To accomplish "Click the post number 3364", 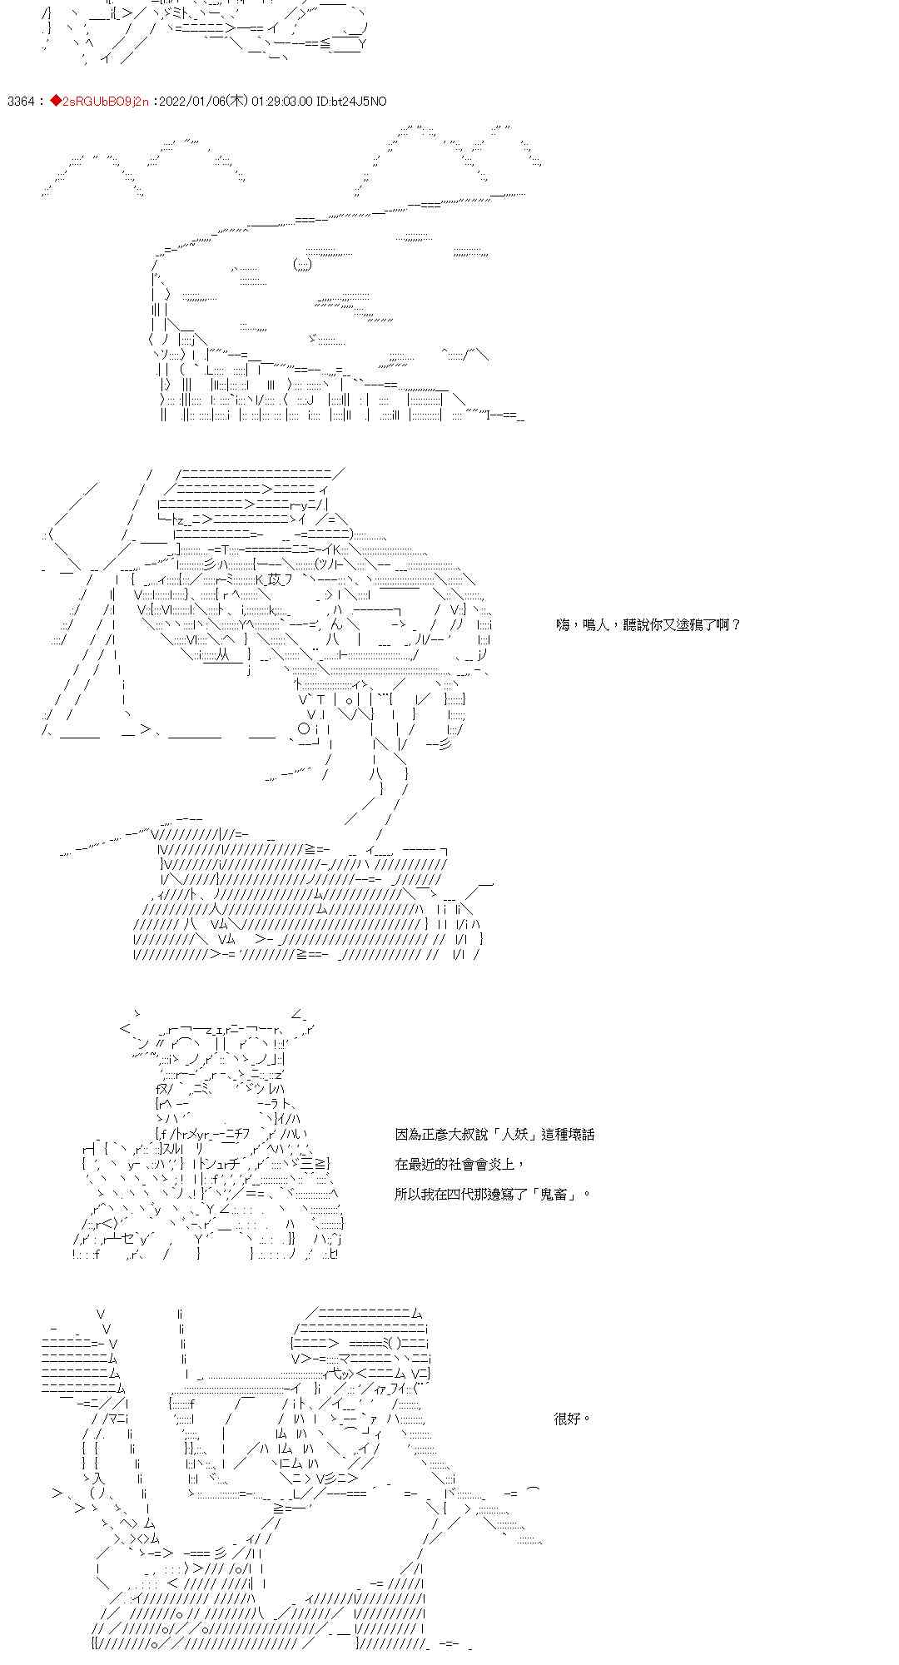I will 20,102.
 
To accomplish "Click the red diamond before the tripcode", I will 56,102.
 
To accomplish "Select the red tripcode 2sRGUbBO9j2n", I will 105,102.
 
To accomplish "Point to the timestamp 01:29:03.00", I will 281,102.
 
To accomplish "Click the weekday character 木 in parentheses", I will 237,102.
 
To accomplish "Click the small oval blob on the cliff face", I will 302,265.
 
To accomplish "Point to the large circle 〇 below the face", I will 304,728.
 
